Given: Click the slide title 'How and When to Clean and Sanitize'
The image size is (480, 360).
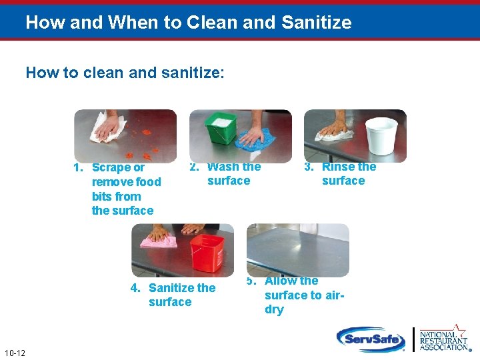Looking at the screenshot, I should [188, 23].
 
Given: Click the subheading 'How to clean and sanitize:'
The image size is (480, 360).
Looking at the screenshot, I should [125, 72].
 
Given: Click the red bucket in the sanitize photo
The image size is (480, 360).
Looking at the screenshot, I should [207, 253].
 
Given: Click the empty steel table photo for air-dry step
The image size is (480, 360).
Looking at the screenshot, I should [297, 250].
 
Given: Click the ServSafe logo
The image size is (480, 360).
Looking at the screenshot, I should [370, 338].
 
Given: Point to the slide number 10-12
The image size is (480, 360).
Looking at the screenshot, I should [14, 352].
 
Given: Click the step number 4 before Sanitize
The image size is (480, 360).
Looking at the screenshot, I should [135, 288].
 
